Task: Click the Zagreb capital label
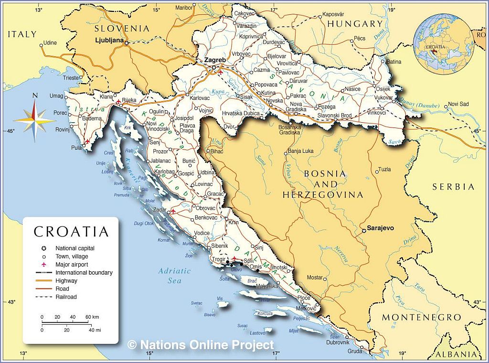click(x=214, y=60)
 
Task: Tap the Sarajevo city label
click(x=380, y=228)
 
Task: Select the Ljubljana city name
click(x=109, y=40)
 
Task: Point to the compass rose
click(x=34, y=118)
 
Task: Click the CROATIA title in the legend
click(x=71, y=232)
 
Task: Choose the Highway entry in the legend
click(x=66, y=281)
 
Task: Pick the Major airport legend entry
click(x=72, y=265)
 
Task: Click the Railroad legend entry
click(x=66, y=297)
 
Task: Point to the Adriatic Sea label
click(x=174, y=276)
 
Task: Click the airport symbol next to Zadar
click(x=173, y=211)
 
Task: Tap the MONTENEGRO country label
click(x=421, y=318)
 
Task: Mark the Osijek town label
click(x=383, y=89)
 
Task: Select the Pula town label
click(x=76, y=148)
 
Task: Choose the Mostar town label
click(x=314, y=278)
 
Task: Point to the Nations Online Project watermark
click(x=201, y=345)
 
